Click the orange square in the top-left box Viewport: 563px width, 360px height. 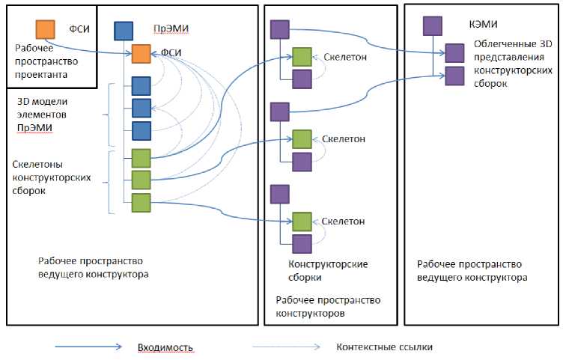coord(46,29)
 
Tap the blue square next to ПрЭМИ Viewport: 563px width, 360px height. coord(124,31)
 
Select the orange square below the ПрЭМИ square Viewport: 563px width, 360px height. coord(141,54)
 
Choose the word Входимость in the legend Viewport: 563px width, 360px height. coord(166,347)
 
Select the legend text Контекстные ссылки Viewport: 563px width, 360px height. coord(384,347)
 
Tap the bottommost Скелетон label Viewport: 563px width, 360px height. coord(344,221)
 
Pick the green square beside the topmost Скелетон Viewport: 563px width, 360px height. coord(302,57)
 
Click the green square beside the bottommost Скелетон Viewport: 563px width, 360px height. coord(302,222)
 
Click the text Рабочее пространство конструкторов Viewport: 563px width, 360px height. coord(328,307)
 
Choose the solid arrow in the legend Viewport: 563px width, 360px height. coord(87,347)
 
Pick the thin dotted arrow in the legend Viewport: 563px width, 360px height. coord(287,347)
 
